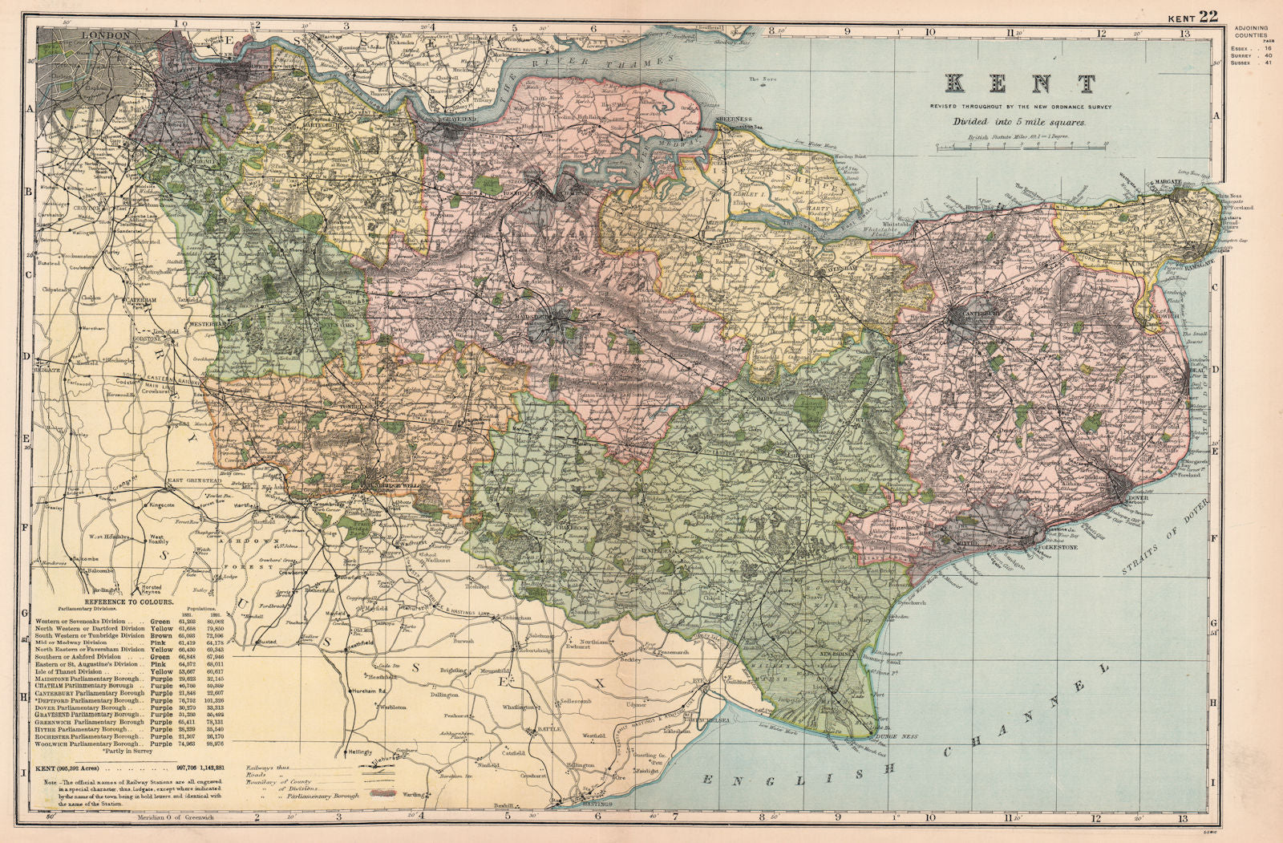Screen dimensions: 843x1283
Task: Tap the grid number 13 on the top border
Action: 1182,34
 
